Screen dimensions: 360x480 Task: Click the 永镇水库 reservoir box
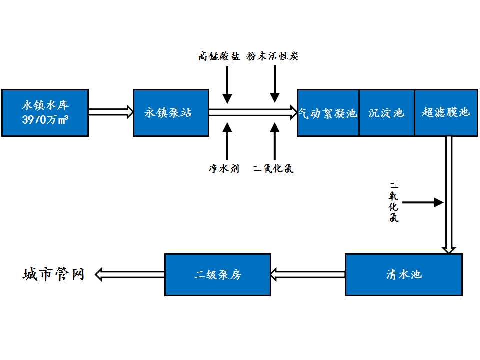tap(45, 112)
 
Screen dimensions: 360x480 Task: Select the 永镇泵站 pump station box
tap(171, 112)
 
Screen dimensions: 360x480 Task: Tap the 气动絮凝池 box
tap(328, 113)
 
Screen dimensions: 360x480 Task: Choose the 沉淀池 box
tap(386, 113)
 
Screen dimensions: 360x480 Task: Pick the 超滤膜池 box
tap(445, 113)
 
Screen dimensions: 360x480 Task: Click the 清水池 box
tap(404, 274)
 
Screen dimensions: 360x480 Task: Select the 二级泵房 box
tap(218, 274)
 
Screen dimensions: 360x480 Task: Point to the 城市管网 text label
tap(54, 274)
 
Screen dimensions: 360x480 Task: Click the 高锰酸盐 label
tap(218, 56)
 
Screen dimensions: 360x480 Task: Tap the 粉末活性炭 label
tap(272, 56)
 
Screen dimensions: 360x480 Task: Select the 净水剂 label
tap(224, 169)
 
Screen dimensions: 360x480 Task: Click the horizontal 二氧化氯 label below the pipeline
tap(273, 169)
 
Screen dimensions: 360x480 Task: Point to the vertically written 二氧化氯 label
tap(394, 202)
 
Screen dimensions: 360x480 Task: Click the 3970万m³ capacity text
tap(45, 120)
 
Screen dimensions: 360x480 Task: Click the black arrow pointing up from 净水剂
tap(227, 141)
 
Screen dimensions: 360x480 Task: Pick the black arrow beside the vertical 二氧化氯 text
tap(423, 202)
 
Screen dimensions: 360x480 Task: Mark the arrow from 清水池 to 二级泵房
tap(308, 274)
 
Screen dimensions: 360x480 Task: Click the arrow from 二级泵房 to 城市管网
tap(130, 274)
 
